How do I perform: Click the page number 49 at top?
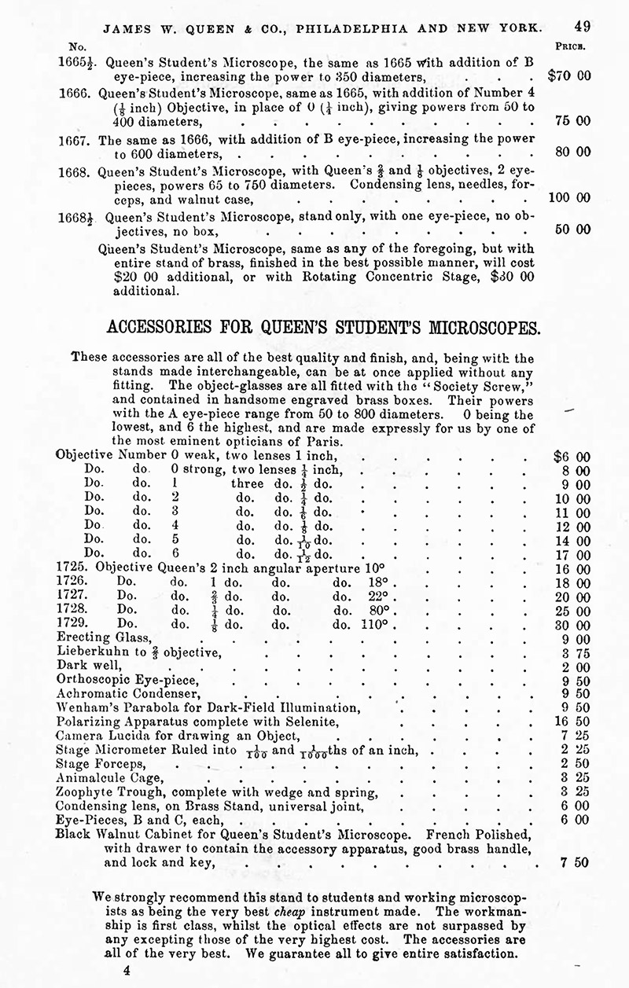coord(582,26)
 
